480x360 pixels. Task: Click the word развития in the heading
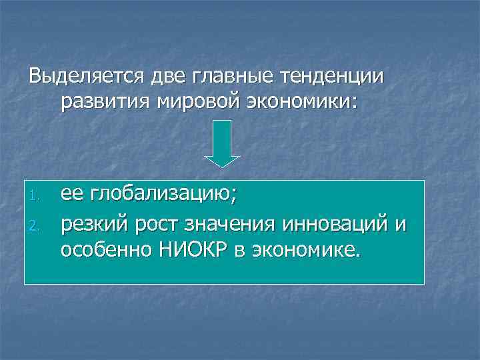(x=106, y=102)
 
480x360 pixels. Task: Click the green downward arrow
(x=221, y=143)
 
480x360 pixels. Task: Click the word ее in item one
(x=71, y=193)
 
